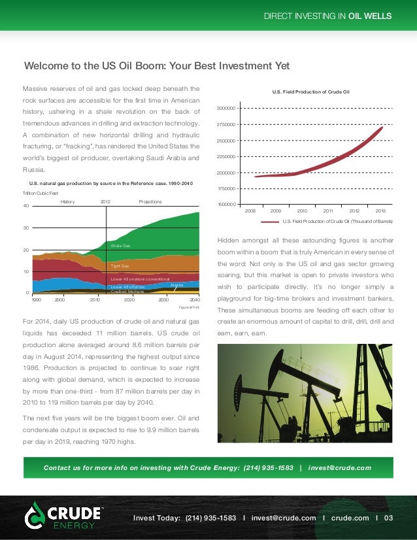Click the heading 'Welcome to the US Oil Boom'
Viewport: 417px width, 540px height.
[157, 67]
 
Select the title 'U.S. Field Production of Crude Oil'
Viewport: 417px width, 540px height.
[311, 92]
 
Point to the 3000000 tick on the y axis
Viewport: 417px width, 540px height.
[226, 108]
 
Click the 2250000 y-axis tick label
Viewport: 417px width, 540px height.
[226, 157]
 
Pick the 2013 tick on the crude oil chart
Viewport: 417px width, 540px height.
[380, 211]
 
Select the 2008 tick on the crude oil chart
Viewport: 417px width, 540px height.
[250, 211]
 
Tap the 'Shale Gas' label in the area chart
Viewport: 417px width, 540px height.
[120, 246]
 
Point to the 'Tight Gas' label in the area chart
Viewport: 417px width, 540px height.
[120, 267]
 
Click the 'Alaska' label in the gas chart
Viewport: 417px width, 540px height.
[176, 286]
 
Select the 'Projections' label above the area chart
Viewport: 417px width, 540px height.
[150, 202]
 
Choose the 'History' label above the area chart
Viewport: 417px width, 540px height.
[68, 202]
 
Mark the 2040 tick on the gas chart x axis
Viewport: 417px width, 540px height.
[194, 299]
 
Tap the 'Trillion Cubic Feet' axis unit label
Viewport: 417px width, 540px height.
[41, 193]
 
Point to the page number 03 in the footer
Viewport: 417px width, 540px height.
[388, 518]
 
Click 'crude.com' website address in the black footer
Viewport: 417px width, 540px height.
[350, 518]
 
